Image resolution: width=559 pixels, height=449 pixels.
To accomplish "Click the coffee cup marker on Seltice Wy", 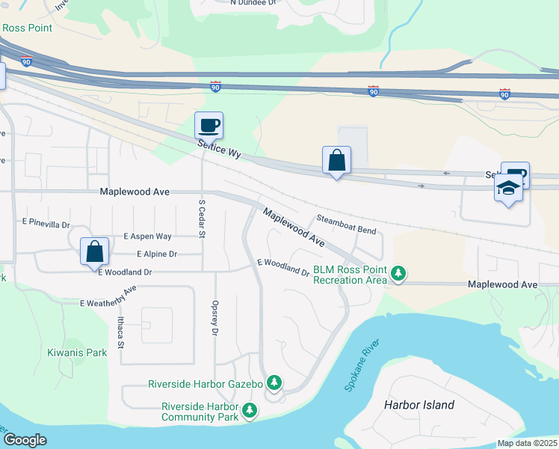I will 209,125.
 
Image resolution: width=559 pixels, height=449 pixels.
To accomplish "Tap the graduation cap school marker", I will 508,189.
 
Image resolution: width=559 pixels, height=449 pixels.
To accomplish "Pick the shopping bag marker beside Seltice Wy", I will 336,159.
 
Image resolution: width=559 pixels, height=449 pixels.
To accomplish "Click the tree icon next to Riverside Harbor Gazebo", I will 274,384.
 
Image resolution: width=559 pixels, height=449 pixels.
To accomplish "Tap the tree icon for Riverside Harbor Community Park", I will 249,410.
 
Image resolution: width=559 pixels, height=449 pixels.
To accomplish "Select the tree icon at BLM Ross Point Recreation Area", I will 399,274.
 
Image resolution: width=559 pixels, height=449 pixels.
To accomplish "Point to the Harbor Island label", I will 419,405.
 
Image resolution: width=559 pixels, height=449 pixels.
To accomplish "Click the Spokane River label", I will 362,365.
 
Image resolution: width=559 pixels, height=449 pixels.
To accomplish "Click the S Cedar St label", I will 202,219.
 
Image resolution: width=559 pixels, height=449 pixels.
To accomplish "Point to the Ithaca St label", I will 120,333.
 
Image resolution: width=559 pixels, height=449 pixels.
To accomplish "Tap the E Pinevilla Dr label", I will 46,223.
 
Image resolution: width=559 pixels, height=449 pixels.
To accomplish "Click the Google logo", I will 25,440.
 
